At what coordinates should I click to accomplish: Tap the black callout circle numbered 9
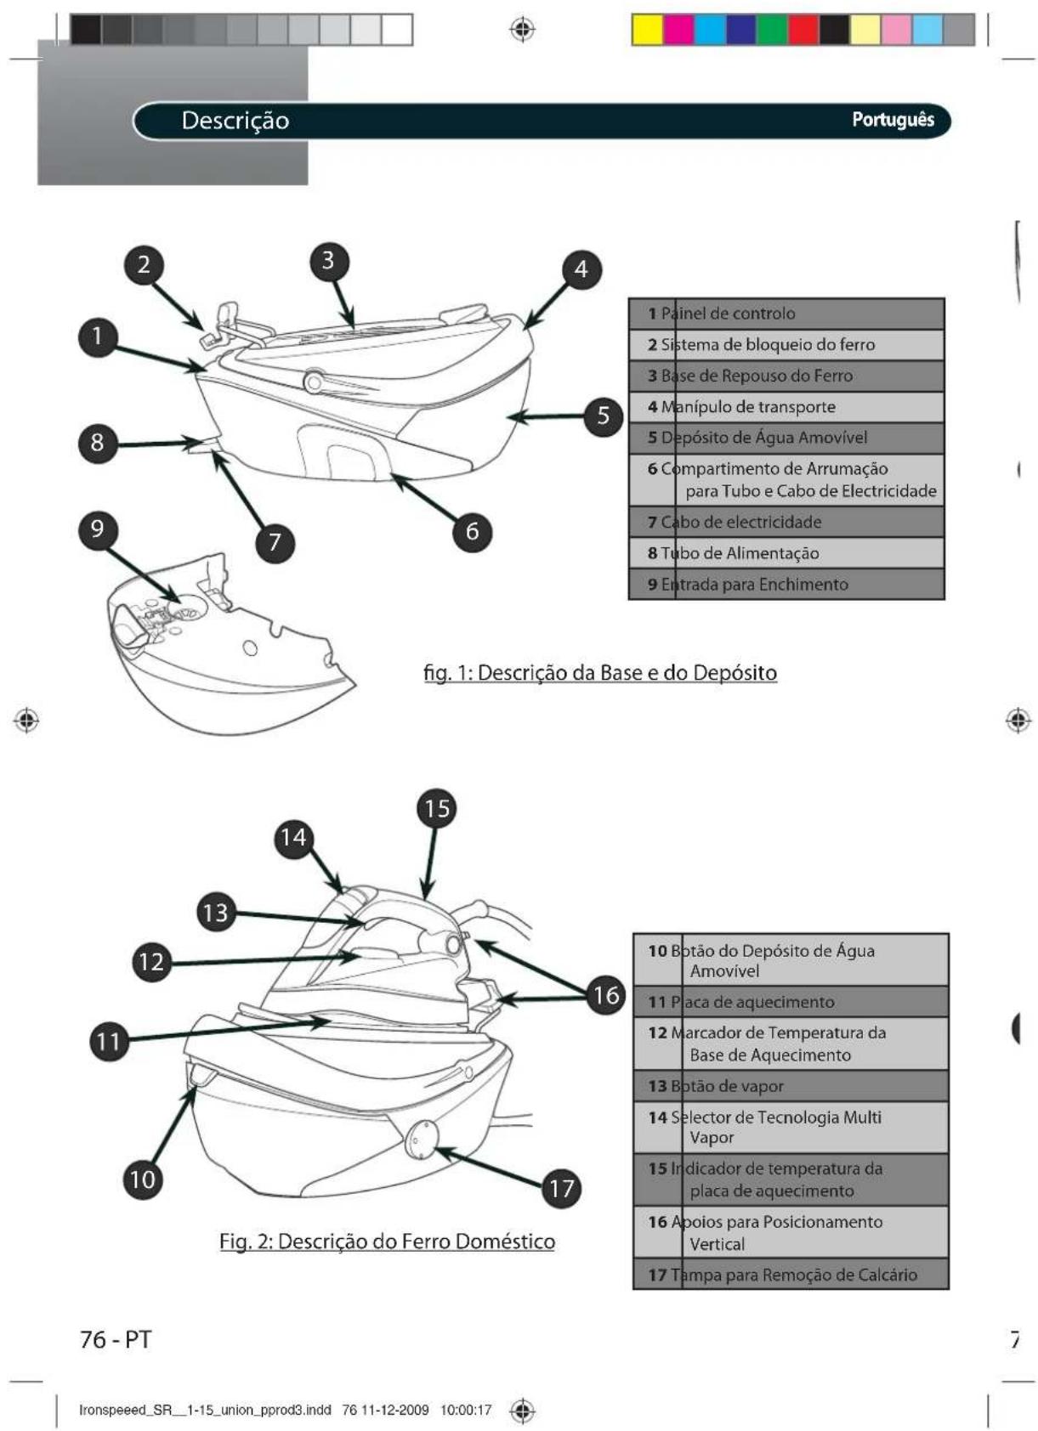[x=97, y=529]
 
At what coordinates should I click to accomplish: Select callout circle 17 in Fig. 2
[x=562, y=1188]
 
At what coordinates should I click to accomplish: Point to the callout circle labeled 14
[x=293, y=838]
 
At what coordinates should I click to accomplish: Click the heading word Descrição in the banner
[x=235, y=121]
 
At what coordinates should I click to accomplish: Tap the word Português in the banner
[x=893, y=120]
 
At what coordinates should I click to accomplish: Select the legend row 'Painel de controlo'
[x=786, y=314]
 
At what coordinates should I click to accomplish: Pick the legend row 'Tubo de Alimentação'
[x=786, y=553]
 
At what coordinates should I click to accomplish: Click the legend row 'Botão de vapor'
[x=791, y=1086]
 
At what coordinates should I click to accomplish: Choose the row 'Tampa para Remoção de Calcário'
[x=791, y=1275]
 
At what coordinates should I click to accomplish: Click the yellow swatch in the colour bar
[x=648, y=30]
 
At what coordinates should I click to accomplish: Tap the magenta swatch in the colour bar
[x=678, y=30]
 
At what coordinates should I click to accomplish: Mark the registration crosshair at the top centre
[x=523, y=29]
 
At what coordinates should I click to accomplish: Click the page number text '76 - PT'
[x=116, y=1339]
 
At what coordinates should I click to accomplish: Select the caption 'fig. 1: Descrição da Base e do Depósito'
[x=600, y=673]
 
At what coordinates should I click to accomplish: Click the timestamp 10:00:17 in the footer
[x=466, y=1410]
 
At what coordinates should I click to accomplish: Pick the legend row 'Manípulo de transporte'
[x=786, y=407]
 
